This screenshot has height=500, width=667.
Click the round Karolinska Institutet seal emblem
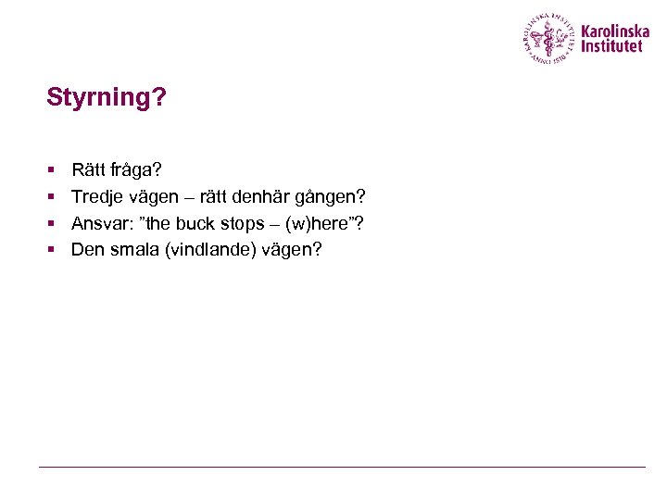549,39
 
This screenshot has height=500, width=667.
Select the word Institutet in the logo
611,45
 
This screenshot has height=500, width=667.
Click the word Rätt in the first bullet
88,170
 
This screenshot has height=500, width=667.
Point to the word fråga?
136,171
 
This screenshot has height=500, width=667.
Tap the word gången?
336,197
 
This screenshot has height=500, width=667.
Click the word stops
242,224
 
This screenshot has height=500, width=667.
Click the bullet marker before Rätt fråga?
52,171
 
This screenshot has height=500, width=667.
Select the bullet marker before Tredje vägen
52,197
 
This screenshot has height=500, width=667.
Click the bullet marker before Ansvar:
52,223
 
